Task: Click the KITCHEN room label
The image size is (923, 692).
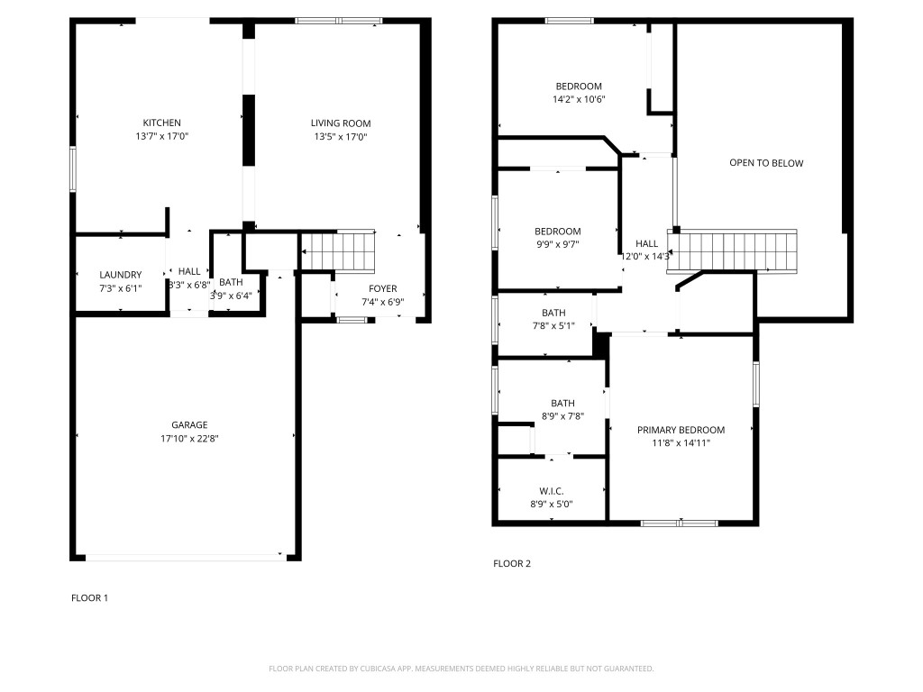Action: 161,123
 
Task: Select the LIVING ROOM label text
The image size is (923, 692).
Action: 341,123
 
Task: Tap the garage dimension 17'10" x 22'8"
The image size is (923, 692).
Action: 189,439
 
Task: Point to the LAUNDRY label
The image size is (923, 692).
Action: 120,275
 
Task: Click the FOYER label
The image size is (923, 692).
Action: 382,288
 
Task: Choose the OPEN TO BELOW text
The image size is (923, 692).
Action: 766,163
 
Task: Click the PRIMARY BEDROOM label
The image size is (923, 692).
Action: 681,430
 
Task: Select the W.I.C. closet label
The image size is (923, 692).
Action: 552,491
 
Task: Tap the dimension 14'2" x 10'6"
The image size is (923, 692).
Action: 579,100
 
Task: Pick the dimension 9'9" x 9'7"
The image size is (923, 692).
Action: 557,245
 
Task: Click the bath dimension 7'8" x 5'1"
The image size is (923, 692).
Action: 553,326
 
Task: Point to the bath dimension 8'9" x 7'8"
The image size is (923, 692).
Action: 562,416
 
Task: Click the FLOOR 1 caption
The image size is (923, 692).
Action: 89,597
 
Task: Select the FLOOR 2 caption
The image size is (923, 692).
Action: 512,564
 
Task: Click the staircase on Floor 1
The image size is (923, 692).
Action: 338,250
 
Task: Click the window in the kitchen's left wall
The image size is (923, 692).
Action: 73,168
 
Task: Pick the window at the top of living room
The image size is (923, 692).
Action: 339,21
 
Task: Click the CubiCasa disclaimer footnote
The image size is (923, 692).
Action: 461,669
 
